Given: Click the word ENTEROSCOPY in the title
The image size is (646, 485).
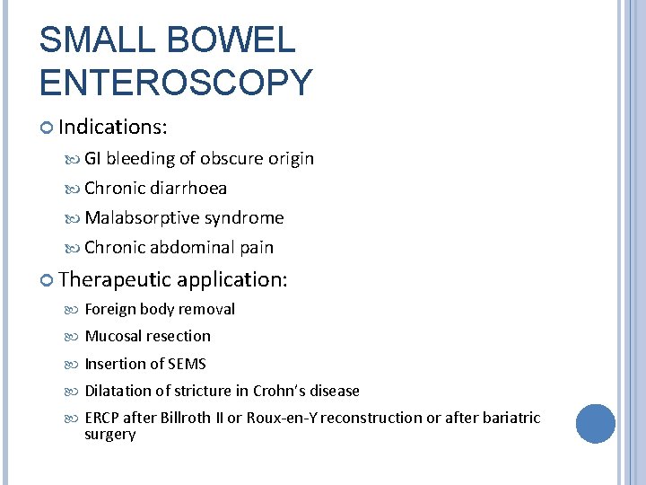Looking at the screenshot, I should pos(176,83).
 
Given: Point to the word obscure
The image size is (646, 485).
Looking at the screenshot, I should pos(231,159).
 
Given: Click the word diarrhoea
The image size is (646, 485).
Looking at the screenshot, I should pos(188,189).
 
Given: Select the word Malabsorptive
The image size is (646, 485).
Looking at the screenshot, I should pos(142,218).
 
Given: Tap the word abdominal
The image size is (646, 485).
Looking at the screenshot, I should pos(193,248).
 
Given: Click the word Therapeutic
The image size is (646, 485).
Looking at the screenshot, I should pos(115,279).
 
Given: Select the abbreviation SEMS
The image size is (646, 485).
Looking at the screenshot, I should pos(187,364).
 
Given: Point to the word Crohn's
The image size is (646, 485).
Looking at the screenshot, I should pos(278,391).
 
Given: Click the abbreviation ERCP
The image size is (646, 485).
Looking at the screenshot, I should pos(101,418).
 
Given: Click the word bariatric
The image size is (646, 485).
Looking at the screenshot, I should pos(511,418).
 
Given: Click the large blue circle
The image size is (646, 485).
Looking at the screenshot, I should pos(596,423).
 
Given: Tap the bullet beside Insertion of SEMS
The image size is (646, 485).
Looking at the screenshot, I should pos(74,365).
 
